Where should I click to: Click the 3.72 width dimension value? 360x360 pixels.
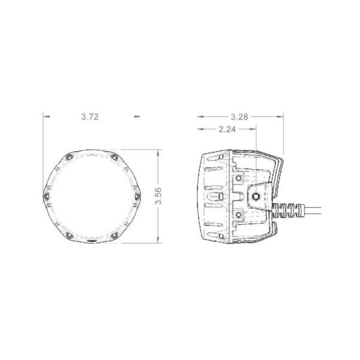pos(90,117)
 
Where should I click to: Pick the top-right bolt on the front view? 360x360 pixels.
pos(113,157)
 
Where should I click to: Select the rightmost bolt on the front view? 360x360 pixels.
pos(136,195)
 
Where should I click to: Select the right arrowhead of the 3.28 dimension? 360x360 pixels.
pos(280,116)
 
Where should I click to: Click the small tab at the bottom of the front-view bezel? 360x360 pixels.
pos(92,242)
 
